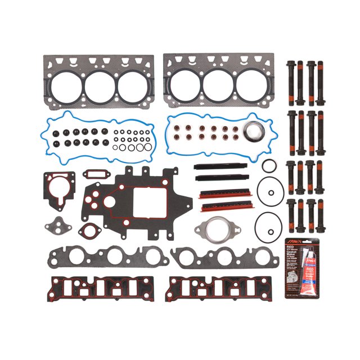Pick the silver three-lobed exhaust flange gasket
pyautogui.click(x=211, y=229)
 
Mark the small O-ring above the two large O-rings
pyautogui.click(x=269, y=165)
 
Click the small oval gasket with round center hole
pyautogui.click(x=88, y=230)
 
